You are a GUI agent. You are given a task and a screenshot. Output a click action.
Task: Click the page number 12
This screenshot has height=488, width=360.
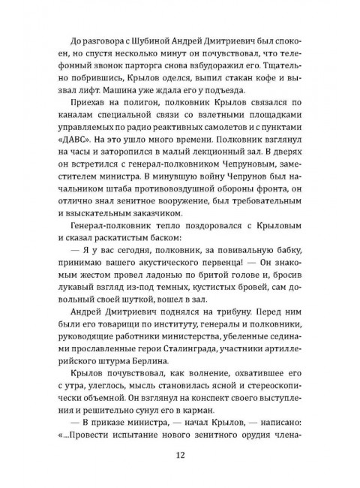(180, 453)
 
